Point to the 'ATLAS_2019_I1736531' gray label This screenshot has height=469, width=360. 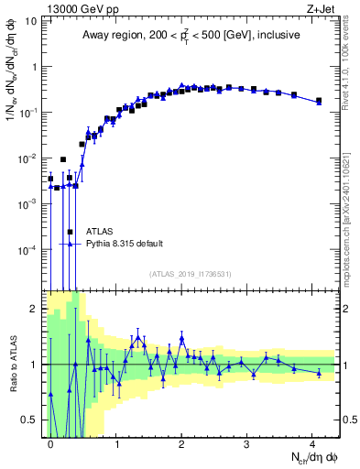tap(191, 274)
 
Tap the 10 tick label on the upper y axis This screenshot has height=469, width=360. tap(29, 21)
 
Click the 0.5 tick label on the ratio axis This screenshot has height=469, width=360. tap(27, 420)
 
